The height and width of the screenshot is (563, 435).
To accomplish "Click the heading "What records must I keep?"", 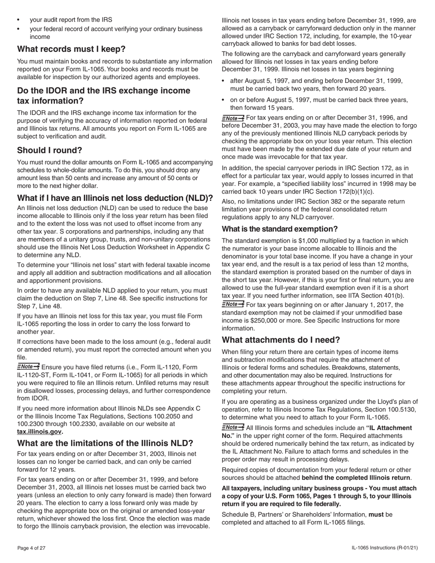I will coord(71,49).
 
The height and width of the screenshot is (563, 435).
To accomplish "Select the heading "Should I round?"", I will coord(49,150).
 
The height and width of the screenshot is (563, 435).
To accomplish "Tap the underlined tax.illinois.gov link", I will coord(39,432).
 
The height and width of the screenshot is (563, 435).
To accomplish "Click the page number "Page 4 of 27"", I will coord(31,548).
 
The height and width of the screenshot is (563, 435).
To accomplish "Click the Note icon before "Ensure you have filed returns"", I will coord(28,367).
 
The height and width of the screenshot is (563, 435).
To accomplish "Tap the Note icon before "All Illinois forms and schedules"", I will coord(233,428).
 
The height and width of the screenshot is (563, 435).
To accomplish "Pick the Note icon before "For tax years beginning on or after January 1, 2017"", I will coord(233,304).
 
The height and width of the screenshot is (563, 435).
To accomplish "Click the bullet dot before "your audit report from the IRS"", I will coord(18,20).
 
